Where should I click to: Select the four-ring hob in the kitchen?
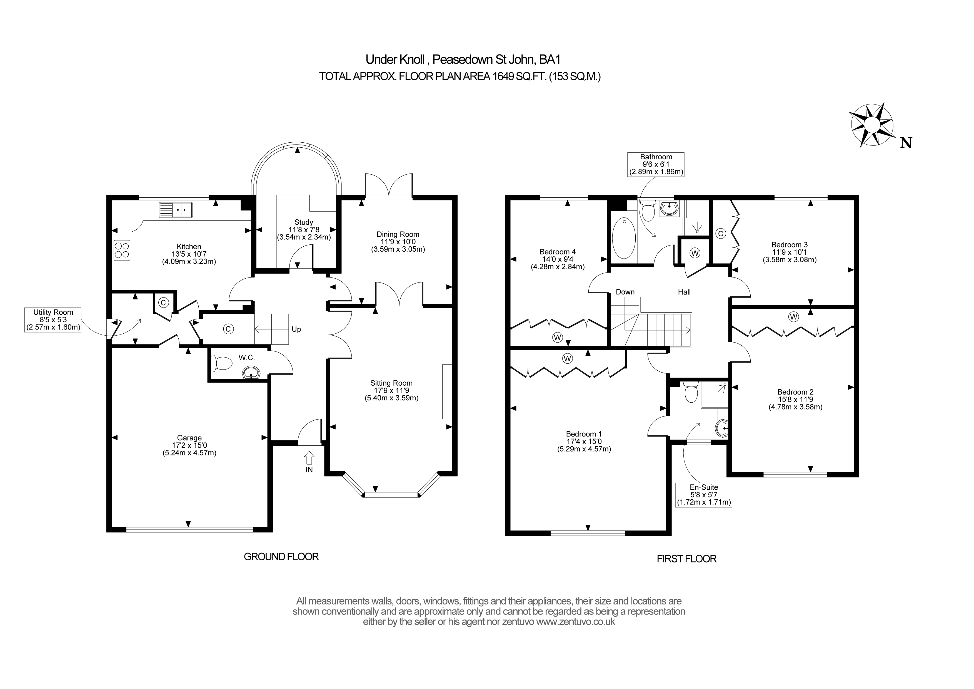(122, 250)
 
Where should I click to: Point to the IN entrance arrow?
(309, 458)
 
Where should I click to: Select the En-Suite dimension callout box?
(704, 495)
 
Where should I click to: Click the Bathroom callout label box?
(656, 164)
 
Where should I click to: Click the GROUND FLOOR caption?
(281, 557)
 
